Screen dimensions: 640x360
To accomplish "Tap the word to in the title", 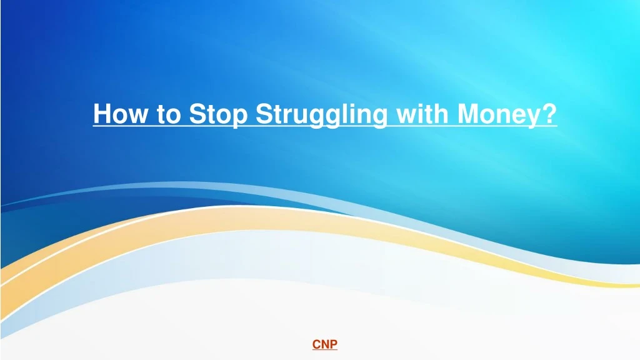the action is coord(168,114).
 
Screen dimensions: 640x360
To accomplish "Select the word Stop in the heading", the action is coord(218,116).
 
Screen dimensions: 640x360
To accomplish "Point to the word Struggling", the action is coord(321,116).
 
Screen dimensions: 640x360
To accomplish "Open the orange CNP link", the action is coord(325,344).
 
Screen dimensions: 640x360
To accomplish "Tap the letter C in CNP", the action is coord(316,344).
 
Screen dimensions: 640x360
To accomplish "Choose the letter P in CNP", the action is coord(334,344).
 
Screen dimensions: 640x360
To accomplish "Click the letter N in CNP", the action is coord(325,344).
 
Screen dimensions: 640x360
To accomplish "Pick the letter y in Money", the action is coord(530,118).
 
